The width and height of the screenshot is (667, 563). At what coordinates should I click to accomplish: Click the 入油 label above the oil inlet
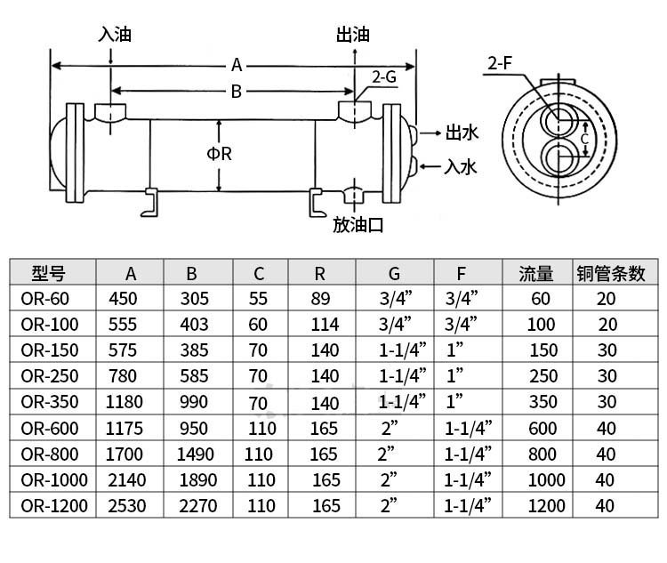pyautogui.click(x=115, y=35)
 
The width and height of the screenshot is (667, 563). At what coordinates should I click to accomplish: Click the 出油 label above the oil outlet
pyautogui.click(x=353, y=35)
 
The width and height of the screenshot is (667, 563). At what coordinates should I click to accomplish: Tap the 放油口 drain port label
pyautogui.click(x=358, y=225)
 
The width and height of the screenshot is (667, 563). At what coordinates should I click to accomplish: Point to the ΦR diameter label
pyautogui.click(x=220, y=154)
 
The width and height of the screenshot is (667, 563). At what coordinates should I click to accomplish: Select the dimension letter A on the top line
pyautogui.click(x=237, y=66)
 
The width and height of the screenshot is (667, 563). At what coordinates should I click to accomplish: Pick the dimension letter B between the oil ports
pyautogui.click(x=236, y=92)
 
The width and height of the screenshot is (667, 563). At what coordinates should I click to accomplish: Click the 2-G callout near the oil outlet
pyautogui.click(x=384, y=77)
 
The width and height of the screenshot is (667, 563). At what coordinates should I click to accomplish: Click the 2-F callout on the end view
pyautogui.click(x=500, y=63)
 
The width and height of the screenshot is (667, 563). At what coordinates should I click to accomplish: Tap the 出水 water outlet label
pyautogui.click(x=462, y=133)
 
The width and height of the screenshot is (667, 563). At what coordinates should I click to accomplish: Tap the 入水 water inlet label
pyautogui.click(x=461, y=167)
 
